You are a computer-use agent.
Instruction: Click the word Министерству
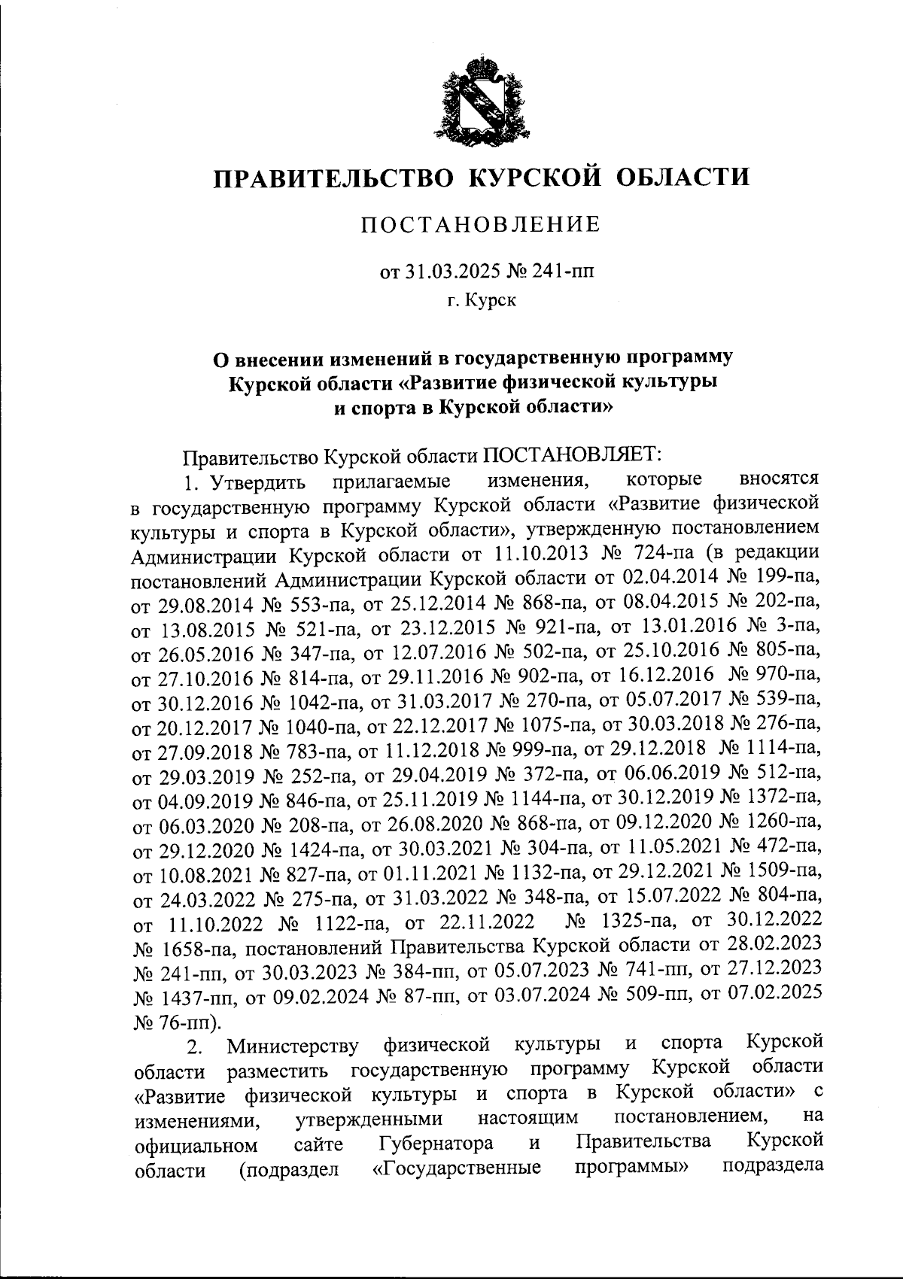[x=294, y=1046]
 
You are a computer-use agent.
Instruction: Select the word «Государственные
[x=458, y=1170]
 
